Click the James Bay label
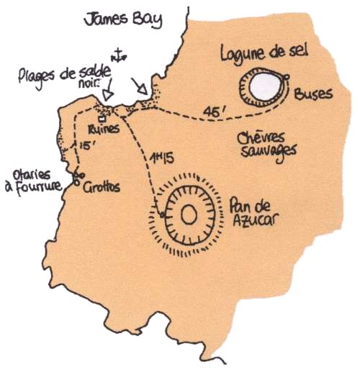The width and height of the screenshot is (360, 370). [123, 20]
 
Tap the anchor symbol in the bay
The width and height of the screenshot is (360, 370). [119, 55]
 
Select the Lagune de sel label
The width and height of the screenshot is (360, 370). [264, 54]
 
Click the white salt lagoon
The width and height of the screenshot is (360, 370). [265, 86]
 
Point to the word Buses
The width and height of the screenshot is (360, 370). [313, 94]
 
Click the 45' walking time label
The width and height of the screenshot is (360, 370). [215, 112]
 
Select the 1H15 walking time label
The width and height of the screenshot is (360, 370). [161, 158]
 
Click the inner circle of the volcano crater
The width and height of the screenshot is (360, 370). [189, 215]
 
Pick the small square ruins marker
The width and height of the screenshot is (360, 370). [102, 119]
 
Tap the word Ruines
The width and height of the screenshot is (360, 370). [104, 130]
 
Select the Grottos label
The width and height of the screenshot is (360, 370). [102, 187]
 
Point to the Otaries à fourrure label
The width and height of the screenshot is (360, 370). [33, 182]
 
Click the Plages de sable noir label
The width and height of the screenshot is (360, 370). [66, 78]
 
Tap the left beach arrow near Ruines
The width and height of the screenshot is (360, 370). [109, 89]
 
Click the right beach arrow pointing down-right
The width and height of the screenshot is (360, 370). [140, 86]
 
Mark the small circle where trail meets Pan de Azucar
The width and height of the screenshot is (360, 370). [162, 215]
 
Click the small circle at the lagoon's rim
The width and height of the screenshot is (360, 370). [287, 77]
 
